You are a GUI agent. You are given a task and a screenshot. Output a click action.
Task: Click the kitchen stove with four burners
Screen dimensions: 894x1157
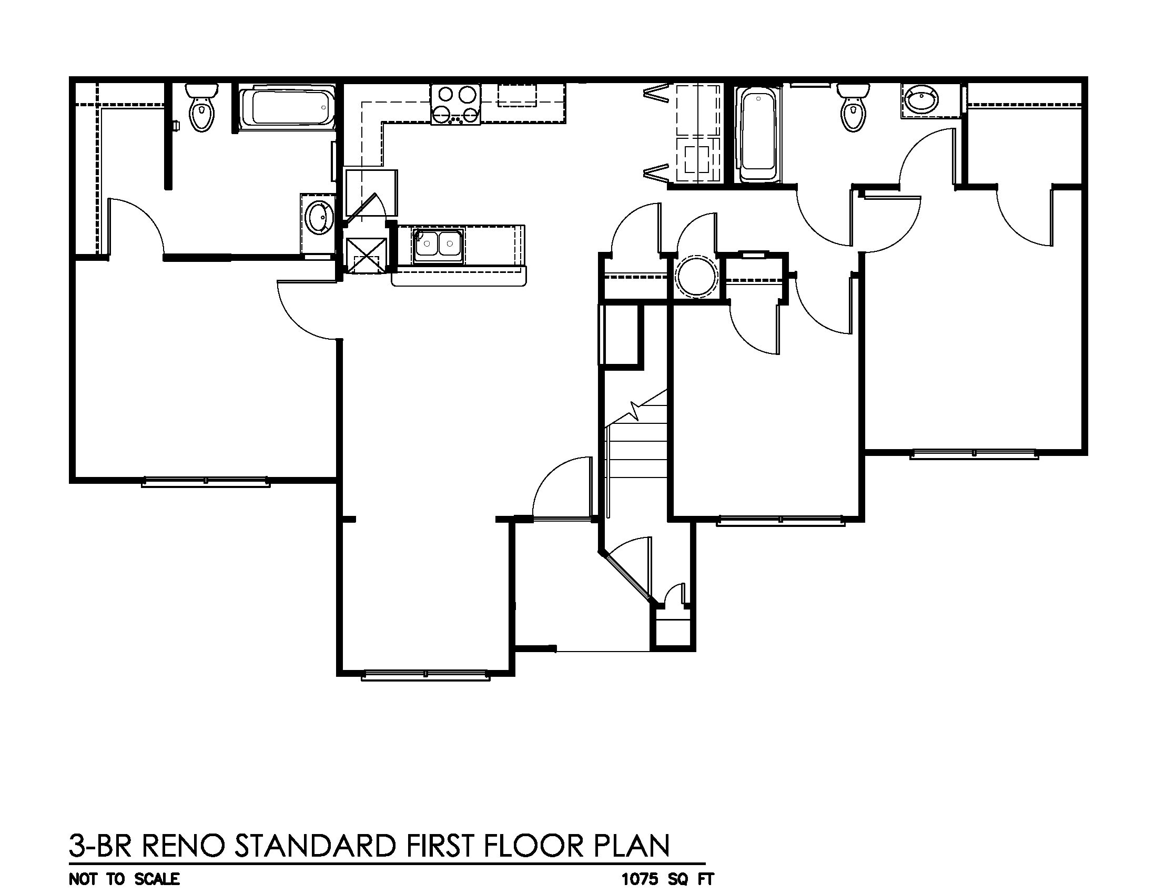tap(455, 105)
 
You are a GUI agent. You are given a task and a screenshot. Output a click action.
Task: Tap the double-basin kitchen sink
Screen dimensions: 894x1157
tap(438, 244)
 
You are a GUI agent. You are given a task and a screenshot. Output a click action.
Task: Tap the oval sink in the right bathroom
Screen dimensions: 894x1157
tap(922, 99)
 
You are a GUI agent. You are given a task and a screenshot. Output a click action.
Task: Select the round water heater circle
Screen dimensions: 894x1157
tap(696, 276)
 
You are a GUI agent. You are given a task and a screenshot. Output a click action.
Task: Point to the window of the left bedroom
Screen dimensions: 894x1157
tap(206, 481)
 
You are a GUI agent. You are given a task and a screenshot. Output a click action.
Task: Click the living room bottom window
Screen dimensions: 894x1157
tap(425, 675)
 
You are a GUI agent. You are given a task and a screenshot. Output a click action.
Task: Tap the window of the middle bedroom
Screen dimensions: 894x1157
tap(780, 521)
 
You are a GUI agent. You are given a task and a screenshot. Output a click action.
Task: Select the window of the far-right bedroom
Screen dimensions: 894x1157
tap(973, 454)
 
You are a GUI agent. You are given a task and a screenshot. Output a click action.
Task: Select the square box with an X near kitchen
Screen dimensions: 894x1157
tap(366, 255)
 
